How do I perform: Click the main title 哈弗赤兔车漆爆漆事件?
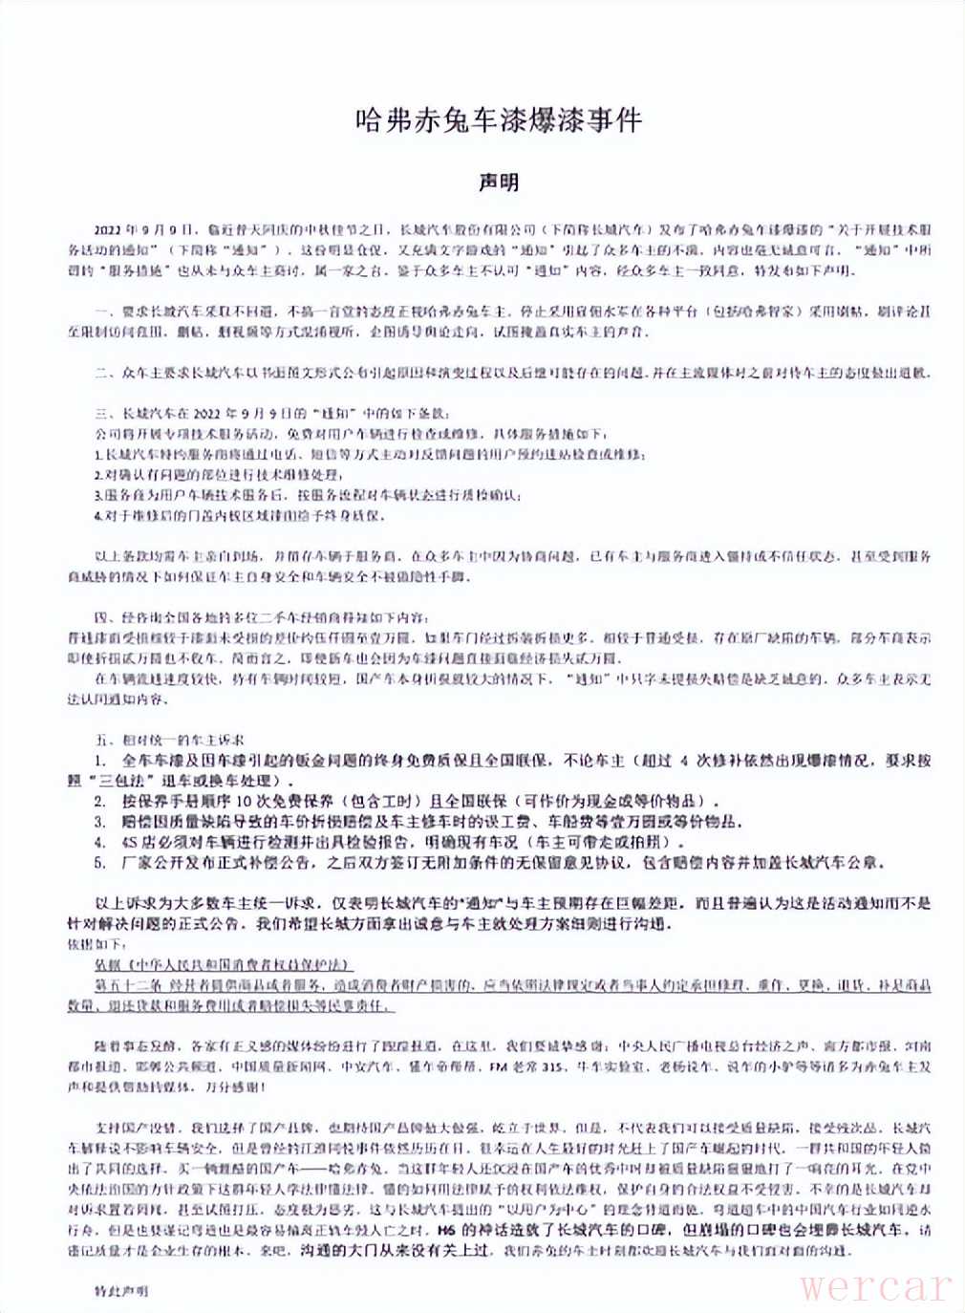[498, 119]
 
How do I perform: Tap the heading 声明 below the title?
[499, 182]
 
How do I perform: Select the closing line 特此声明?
[121, 1290]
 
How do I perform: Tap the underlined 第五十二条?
[125, 984]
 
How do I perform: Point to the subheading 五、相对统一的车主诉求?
[168, 740]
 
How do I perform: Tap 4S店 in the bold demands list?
[139, 842]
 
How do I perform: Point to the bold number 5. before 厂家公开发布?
[100, 863]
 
